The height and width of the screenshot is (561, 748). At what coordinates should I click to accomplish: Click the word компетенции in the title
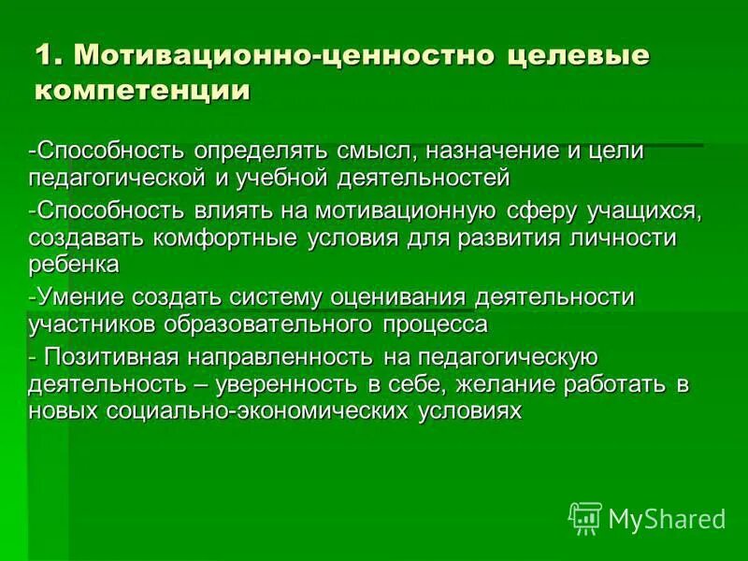(144, 90)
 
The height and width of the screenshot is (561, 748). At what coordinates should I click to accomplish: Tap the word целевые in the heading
(579, 54)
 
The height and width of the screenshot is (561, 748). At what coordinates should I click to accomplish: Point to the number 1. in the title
(49, 54)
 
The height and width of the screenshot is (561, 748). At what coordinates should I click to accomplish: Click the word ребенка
(74, 265)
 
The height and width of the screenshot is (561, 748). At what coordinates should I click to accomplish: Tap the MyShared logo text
(667, 518)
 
